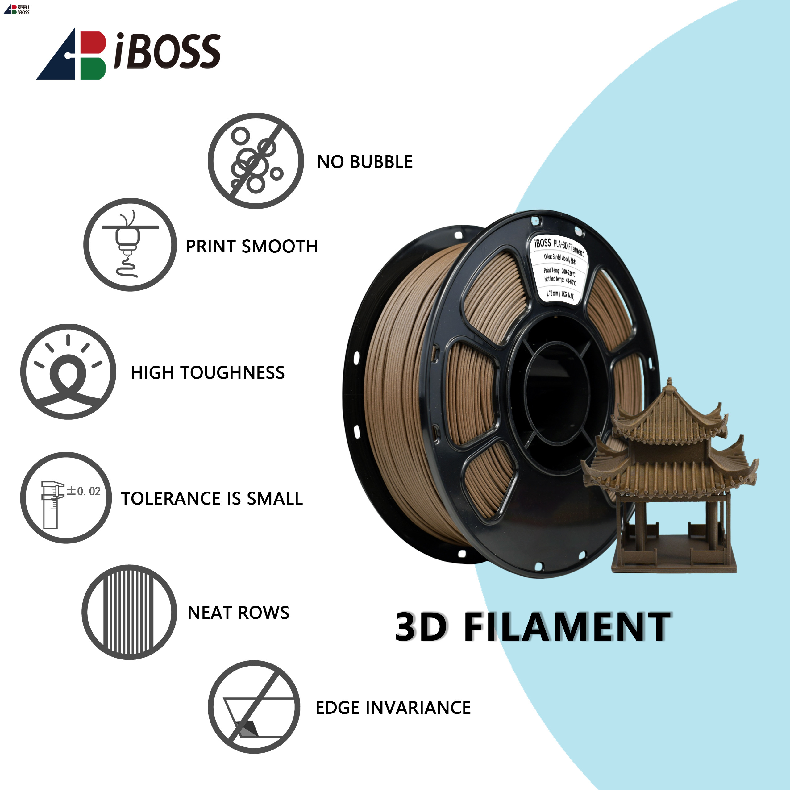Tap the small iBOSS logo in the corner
[17, 9]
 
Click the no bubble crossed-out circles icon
[256, 161]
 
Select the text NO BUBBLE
[365, 162]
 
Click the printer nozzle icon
[130, 244]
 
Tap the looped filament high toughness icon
[68, 371]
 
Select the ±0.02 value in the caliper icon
[84, 491]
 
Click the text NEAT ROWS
[239, 613]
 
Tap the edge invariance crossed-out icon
[254, 707]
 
